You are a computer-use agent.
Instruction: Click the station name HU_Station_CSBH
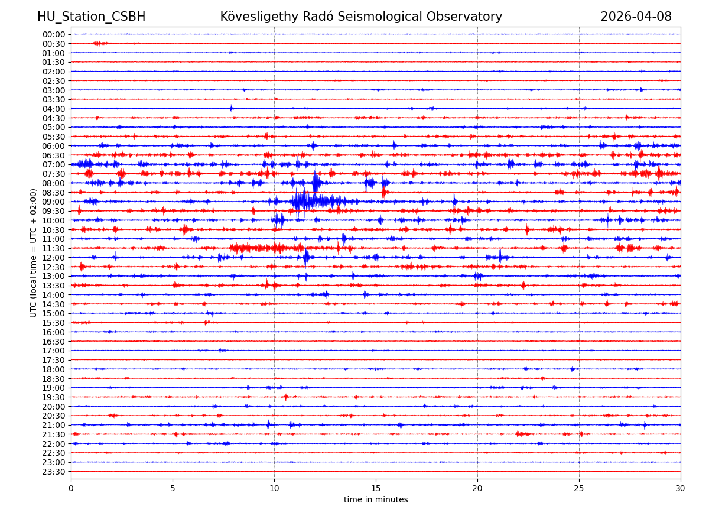pos(91,17)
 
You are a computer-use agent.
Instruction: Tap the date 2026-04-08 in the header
pos(636,17)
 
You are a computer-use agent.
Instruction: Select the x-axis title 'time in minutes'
pos(376,499)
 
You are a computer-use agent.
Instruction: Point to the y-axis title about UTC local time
pos(34,252)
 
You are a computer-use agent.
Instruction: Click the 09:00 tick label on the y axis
pos(53,202)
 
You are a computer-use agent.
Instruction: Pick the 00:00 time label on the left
pos(53,34)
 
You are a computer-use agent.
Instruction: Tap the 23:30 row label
pos(53,472)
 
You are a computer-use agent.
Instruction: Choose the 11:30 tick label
pos(53,248)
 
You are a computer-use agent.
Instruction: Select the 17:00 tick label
pos(53,351)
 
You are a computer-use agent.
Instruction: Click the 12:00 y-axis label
pos(53,258)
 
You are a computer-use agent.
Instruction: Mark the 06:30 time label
pos(53,155)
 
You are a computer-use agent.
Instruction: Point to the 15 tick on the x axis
pos(376,488)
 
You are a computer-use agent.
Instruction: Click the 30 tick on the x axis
pos(681,488)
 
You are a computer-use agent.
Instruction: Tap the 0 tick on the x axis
pos(71,488)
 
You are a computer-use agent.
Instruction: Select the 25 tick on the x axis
pos(579,488)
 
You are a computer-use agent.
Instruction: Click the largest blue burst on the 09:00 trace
pos(303,201)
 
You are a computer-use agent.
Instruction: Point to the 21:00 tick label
pos(53,425)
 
